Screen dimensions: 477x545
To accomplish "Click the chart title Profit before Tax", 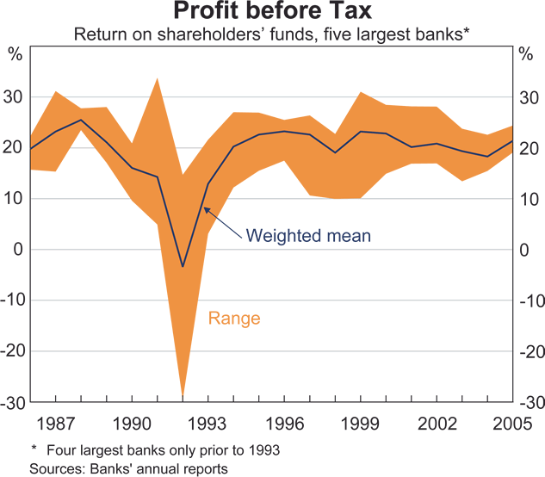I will click(272, 12).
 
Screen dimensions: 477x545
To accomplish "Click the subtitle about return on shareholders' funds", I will click(272, 35).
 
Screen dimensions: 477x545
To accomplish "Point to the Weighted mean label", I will click(308, 235).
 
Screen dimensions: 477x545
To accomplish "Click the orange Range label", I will click(234, 319).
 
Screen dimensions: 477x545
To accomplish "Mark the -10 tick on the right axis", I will click(531, 301).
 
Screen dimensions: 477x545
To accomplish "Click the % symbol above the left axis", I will click(15, 54).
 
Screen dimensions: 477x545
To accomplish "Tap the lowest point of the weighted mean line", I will click(183, 266).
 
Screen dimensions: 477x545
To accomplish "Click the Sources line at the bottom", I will click(129, 468).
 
